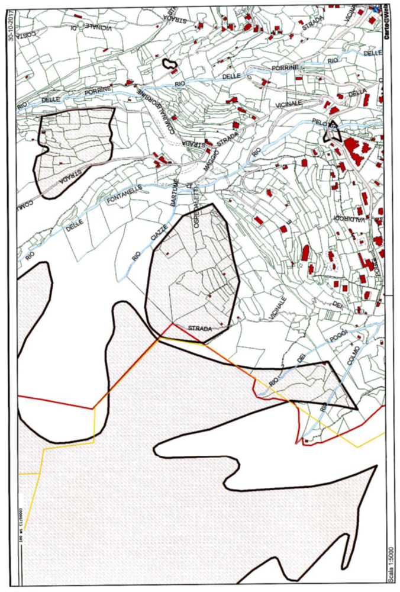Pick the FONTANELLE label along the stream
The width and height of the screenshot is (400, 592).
[x=125, y=196]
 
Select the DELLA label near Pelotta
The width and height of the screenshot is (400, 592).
[x=357, y=93]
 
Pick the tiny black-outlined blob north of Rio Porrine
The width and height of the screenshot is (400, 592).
[x=169, y=63]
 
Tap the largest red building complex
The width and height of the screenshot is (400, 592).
[x=359, y=152]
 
